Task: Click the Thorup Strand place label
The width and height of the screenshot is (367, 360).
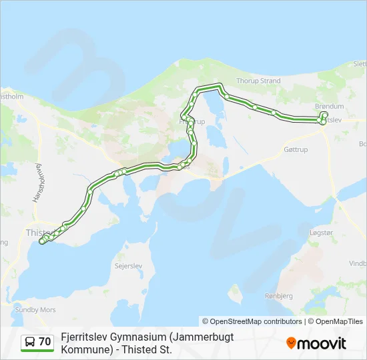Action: (258, 81)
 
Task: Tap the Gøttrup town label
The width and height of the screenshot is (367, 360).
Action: (296, 149)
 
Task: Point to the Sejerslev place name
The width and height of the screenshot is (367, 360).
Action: (129, 265)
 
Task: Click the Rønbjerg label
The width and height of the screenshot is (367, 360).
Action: (280, 295)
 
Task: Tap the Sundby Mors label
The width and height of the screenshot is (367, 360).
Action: (35, 310)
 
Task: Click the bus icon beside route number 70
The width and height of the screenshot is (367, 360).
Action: (31, 342)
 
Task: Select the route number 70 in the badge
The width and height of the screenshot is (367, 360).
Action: (45, 342)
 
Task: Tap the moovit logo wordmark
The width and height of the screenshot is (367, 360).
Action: (322, 343)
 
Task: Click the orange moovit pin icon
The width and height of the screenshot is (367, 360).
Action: (291, 343)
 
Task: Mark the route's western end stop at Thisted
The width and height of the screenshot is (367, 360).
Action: (42, 241)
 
